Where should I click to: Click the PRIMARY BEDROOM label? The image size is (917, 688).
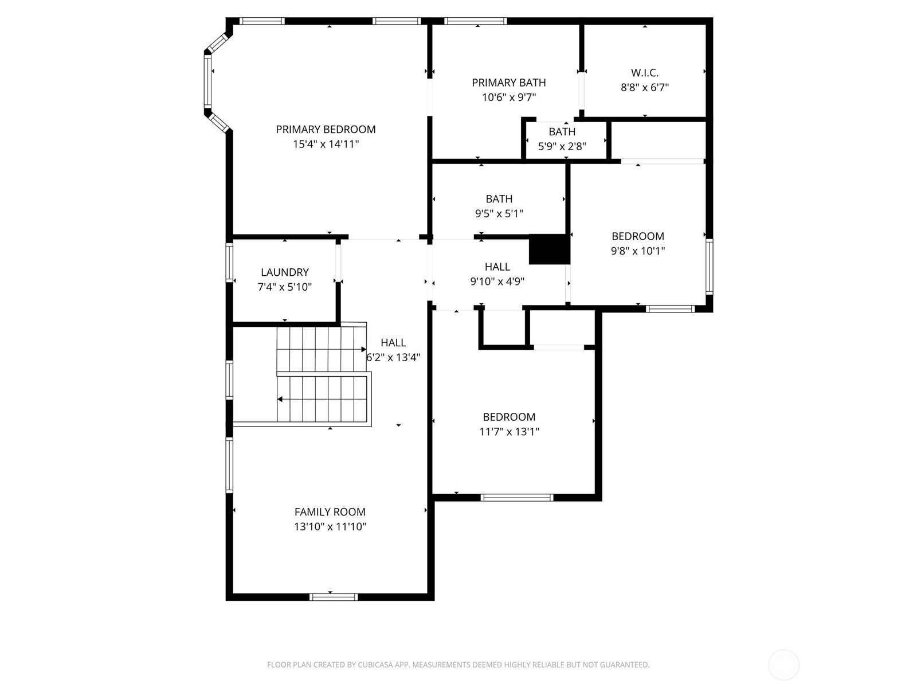tap(326, 130)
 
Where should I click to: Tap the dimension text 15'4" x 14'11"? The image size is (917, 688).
tap(326, 144)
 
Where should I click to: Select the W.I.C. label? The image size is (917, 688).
tap(645, 73)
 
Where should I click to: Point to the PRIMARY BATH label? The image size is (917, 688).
tap(508, 83)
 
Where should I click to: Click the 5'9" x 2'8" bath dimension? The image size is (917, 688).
tap(562, 147)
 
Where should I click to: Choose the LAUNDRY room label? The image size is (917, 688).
tap(284, 272)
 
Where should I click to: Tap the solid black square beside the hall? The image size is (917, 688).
tap(548, 249)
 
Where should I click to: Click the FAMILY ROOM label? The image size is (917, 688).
tap(330, 512)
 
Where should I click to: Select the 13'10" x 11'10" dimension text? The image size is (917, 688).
tap(330, 526)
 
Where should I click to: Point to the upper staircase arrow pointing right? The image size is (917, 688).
tap(363, 349)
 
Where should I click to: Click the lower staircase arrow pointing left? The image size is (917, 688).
tap(280, 399)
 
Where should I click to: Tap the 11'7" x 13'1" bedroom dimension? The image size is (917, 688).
tap(509, 432)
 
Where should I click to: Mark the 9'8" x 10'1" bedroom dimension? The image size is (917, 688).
tap(637, 251)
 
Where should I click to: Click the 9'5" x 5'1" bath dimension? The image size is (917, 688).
tap(499, 214)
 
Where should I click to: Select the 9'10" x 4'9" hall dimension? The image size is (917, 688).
tap(497, 282)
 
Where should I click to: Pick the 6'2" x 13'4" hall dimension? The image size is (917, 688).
tap(393, 357)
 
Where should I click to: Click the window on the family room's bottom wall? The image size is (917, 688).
tap(334, 597)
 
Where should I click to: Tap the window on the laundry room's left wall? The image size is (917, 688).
tap(229, 263)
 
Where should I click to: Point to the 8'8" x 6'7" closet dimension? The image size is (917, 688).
tap(645, 88)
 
